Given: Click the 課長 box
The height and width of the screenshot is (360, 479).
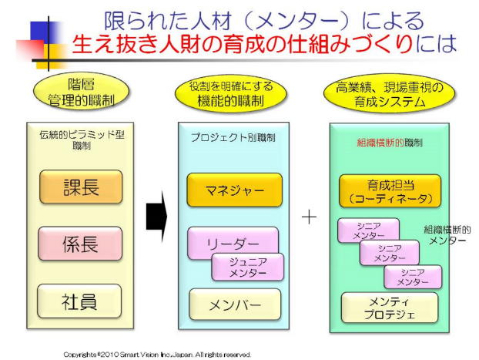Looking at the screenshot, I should [x=81, y=187].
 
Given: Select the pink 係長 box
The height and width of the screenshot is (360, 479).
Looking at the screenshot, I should [x=81, y=244].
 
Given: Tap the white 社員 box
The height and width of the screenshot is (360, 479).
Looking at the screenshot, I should [x=81, y=301].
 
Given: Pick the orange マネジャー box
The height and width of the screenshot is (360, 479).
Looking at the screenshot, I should [x=234, y=190].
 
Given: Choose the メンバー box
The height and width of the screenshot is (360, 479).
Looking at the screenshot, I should [x=235, y=304].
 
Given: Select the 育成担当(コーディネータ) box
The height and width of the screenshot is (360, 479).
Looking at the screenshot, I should [x=390, y=191].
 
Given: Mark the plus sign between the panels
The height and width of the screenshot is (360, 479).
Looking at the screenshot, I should [x=309, y=217].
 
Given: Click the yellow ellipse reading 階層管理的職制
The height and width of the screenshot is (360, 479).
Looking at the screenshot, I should [x=81, y=90].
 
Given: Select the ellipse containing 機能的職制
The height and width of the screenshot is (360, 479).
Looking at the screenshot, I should [x=231, y=93].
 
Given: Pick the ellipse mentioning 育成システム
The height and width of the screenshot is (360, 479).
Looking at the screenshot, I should [x=389, y=93].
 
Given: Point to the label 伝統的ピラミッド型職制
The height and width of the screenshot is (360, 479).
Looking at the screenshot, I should [x=81, y=140].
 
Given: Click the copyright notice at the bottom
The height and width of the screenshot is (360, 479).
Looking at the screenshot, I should [x=157, y=354].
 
